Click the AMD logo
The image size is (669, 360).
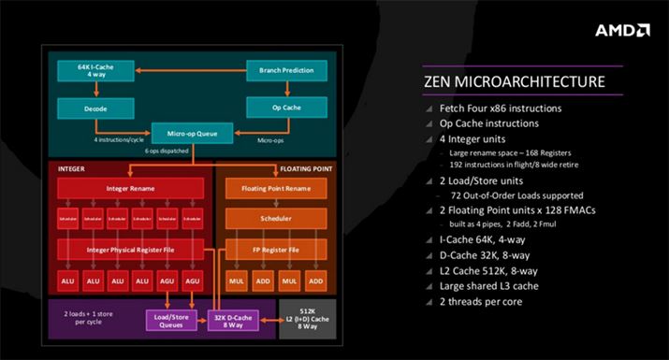click(623, 30)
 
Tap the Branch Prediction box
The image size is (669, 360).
click(286, 71)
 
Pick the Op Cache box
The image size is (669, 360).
click(286, 108)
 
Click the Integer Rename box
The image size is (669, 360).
click(130, 189)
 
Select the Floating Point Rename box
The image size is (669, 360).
click(275, 189)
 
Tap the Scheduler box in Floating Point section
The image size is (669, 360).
click(275, 220)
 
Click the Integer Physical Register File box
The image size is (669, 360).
click(130, 251)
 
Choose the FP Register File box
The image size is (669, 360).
click(275, 251)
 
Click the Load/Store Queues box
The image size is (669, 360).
click(167, 321)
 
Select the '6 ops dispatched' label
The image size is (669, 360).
click(165, 151)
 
